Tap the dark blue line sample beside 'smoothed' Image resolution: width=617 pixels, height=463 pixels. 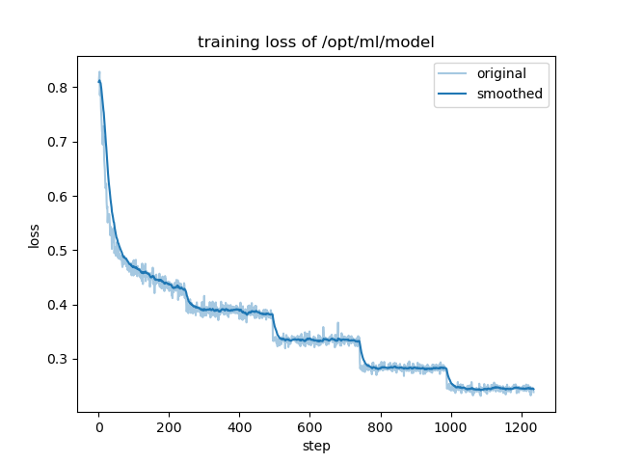(x=454, y=94)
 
